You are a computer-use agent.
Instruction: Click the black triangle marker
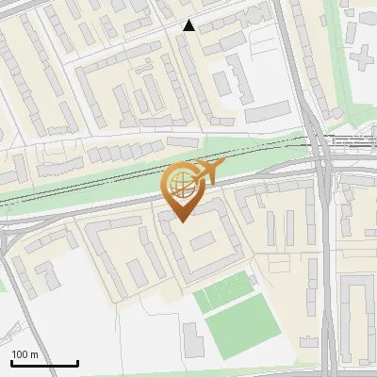coord(189,25)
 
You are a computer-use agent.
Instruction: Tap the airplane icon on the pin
coord(208,172)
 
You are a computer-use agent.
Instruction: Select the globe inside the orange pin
coord(179,184)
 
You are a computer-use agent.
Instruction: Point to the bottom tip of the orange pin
coord(179,221)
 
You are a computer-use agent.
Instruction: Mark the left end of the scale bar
coord(11,363)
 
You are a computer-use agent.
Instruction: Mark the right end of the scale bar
coord(77,363)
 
